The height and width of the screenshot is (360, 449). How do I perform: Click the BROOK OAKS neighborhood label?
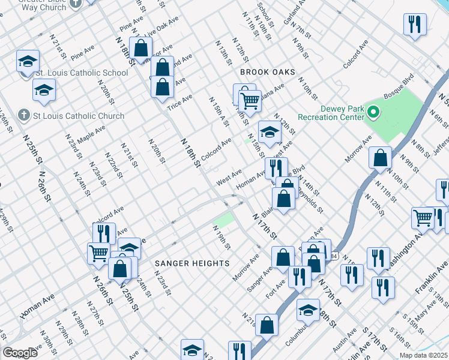coord(267,72)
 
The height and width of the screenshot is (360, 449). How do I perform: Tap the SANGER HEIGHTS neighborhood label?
coord(192,263)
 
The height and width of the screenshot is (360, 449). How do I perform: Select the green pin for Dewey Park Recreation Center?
coord(373,112)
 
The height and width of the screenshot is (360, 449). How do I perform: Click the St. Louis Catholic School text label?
coord(82,73)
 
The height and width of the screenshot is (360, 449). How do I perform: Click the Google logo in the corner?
coord(20,353)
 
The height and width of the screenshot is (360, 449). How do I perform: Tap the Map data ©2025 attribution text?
coord(423,355)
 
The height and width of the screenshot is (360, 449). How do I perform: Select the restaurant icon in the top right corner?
coord(415,25)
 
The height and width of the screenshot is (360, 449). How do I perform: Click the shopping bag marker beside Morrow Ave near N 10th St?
coord(380,158)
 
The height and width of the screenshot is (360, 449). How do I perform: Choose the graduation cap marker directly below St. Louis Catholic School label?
coord(44,91)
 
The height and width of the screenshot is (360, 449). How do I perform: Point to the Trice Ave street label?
coord(179,101)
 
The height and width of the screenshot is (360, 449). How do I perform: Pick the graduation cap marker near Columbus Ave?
coord(307,310)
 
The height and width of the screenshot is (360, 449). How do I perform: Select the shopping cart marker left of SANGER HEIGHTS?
coord(98,252)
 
